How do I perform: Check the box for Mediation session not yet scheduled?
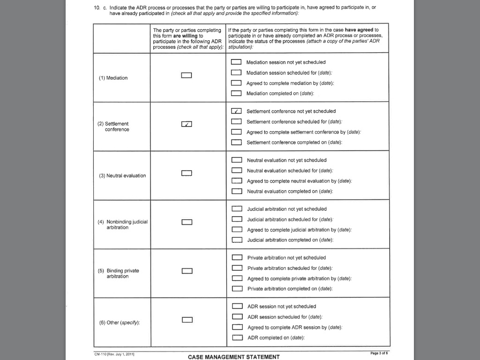tap(236, 62)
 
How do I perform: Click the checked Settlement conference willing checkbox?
tap(187, 124)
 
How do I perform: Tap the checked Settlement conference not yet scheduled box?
tap(236, 112)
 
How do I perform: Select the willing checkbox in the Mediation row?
tap(187, 75)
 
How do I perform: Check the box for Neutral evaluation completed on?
tap(237, 191)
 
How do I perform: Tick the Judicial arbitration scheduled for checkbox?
tap(237, 219)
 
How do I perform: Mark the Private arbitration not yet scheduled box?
tap(238, 258)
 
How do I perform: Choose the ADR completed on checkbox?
tap(238, 338)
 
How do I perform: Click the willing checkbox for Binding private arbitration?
tap(187, 271)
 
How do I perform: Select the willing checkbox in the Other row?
tap(187, 320)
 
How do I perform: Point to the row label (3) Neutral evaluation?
tap(122, 176)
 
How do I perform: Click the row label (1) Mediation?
tap(113, 78)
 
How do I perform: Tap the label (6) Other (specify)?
tap(120, 322)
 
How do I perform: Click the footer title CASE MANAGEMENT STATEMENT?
tap(233, 357)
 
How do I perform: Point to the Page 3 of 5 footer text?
tap(379, 353)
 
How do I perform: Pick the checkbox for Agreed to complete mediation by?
tap(236, 83)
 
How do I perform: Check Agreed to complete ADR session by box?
tap(238, 327)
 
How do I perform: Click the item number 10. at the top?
tap(97, 8)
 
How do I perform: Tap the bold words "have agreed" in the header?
tap(360, 30)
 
